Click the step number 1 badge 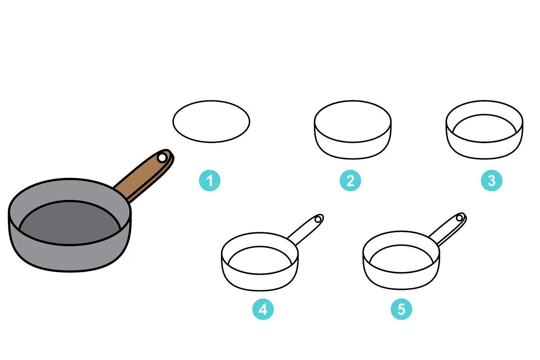coord(209,180)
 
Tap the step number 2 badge coord(350,180)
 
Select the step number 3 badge coord(491,180)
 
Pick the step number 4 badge coord(263,309)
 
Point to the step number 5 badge coord(402,309)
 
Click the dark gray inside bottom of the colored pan coord(70,222)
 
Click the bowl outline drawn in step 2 coord(353,159)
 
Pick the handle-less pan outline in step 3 coord(484,159)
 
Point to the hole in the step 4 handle coord(318,219)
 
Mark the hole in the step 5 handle coord(459,218)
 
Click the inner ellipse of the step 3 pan coord(484,115)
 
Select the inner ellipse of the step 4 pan coord(260,247)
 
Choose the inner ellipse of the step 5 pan coord(402,245)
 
